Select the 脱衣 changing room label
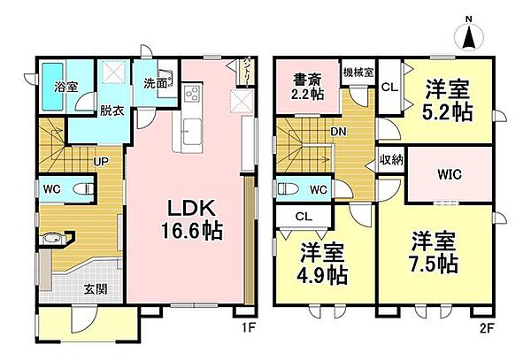(112, 111)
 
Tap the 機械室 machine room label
(358, 71)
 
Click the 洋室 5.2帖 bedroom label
(447, 101)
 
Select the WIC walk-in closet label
(448, 175)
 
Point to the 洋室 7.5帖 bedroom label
(434, 251)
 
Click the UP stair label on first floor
(101, 162)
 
